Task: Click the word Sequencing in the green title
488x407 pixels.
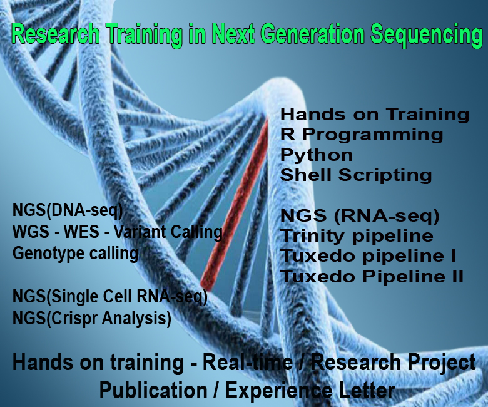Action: pyautogui.click(x=427, y=35)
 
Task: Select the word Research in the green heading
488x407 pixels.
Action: pyautogui.click(x=56, y=34)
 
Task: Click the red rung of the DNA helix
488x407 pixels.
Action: pyautogui.click(x=235, y=204)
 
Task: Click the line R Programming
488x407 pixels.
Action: pyautogui.click(x=362, y=135)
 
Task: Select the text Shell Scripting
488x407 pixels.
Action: pyautogui.click(x=356, y=175)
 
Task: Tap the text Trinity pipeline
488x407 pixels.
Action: pyautogui.click(x=357, y=236)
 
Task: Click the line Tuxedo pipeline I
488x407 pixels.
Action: pyautogui.click(x=368, y=256)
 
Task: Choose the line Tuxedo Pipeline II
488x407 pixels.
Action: pyautogui.click(x=372, y=276)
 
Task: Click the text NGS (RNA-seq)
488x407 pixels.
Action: pyautogui.click(x=360, y=216)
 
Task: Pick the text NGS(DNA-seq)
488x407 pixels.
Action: pyautogui.click(x=68, y=210)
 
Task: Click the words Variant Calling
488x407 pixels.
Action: pyautogui.click(x=168, y=232)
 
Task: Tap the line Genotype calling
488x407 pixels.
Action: pyautogui.click(x=75, y=254)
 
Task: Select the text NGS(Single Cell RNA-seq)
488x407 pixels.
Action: pyautogui.click(x=110, y=297)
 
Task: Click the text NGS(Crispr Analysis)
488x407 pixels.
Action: pyautogui.click(x=92, y=319)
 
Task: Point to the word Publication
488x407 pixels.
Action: pyautogui.click(x=153, y=391)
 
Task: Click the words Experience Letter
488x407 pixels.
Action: pyautogui.click(x=310, y=391)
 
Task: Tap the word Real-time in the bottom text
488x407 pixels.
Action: pyautogui.click(x=248, y=363)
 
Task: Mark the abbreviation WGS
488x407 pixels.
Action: pyautogui.click(x=31, y=232)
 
